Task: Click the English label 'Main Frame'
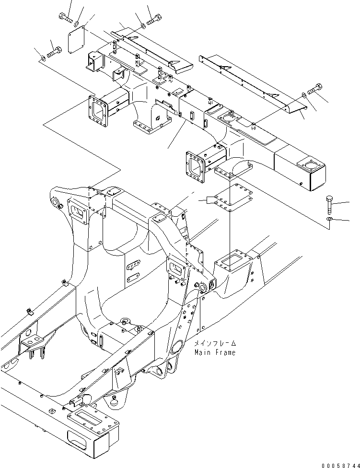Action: point(215,352)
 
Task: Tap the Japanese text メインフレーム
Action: point(215,344)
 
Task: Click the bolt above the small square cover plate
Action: point(65,18)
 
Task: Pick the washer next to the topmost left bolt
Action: point(78,22)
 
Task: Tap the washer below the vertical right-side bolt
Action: point(329,219)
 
